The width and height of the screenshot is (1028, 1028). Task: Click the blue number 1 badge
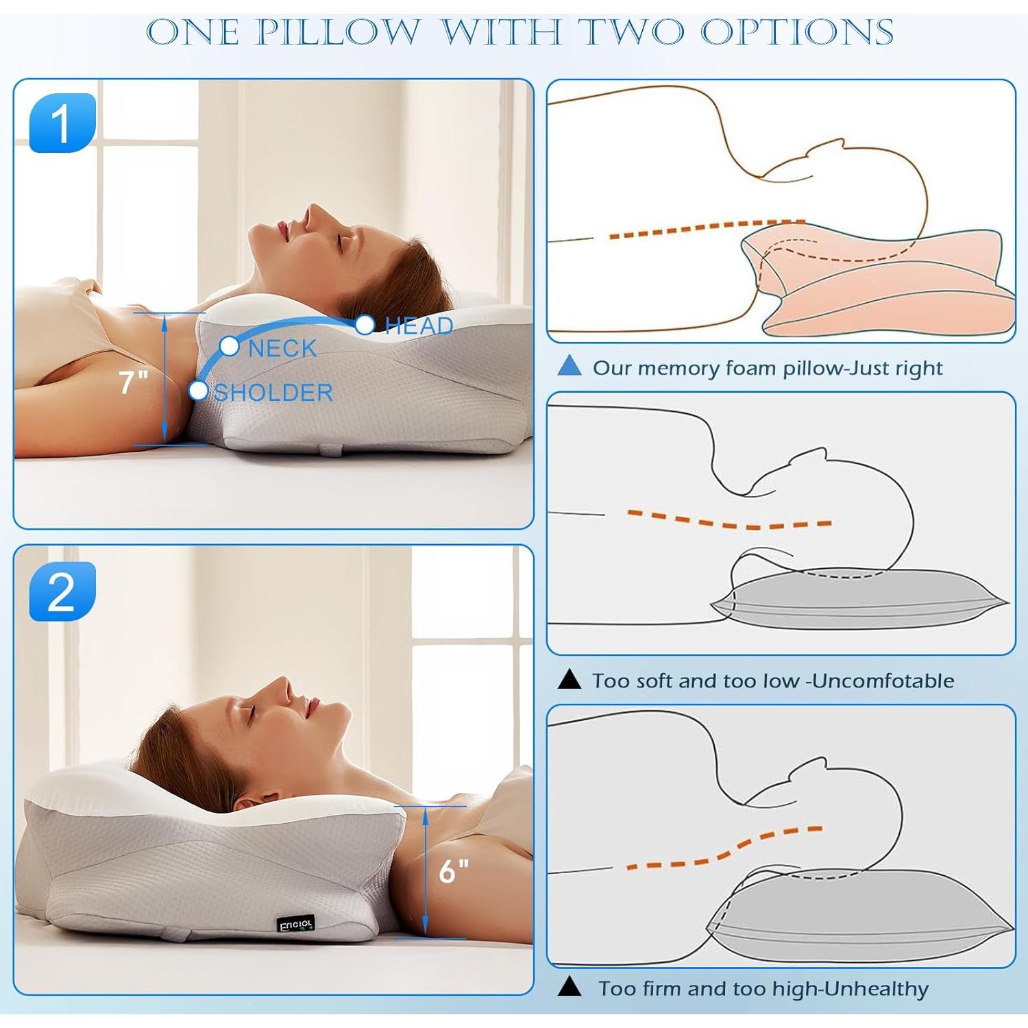coord(62,123)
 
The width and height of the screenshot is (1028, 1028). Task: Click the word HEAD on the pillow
coord(419,326)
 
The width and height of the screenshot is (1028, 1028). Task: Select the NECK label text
coord(282,349)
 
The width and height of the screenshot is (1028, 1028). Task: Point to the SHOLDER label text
coord(273,393)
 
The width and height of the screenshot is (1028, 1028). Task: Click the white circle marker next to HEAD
coord(365,324)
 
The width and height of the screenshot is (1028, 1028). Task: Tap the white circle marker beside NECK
coord(229,346)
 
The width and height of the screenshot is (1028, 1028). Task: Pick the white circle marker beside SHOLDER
coord(198,390)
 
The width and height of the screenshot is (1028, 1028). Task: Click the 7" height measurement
coord(133,382)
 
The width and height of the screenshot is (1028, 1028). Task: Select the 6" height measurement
coord(453,872)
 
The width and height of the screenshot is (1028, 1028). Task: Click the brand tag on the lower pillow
coord(296,925)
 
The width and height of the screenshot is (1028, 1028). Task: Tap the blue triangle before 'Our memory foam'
coord(570,367)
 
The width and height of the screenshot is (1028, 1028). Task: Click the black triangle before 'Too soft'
coord(570,679)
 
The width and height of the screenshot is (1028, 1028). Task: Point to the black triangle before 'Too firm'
coord(570,987)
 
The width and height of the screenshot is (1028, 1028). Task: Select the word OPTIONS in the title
coord(796,32)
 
